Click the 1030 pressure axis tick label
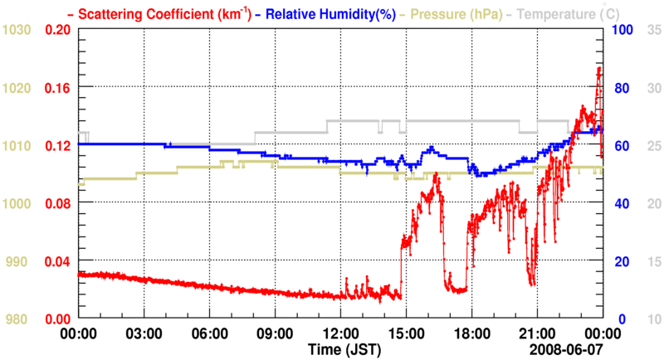pyautogui.click(x=17, y=31)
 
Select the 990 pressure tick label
pyautogui.click(x=17, y=262)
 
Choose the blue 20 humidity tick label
pyautogui.click(x=619, y=262)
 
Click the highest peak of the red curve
pyautogui.click(x=599, y=69)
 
